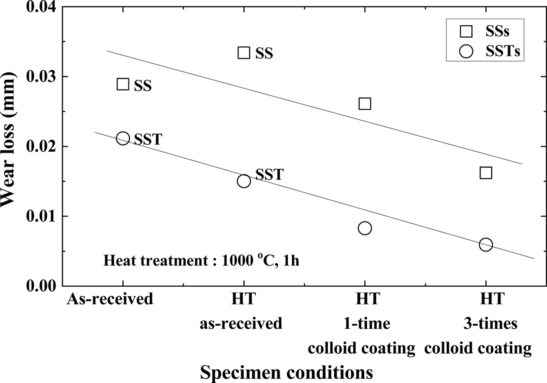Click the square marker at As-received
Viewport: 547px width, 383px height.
[123, 84]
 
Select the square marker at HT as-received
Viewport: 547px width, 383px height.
[244, 53]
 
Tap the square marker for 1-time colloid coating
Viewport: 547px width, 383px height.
[365, 104]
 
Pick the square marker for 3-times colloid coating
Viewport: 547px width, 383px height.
[486, 173]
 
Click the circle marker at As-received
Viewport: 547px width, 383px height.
[123, 138]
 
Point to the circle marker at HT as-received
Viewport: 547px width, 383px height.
[244, 181]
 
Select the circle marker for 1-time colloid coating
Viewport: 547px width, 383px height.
[365, 228]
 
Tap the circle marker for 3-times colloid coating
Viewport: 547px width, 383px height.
[486, 245]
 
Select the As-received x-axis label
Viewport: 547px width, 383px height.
[110, 299]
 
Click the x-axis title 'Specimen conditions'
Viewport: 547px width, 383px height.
[287, 372]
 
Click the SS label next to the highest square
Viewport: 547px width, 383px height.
[264, 54]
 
